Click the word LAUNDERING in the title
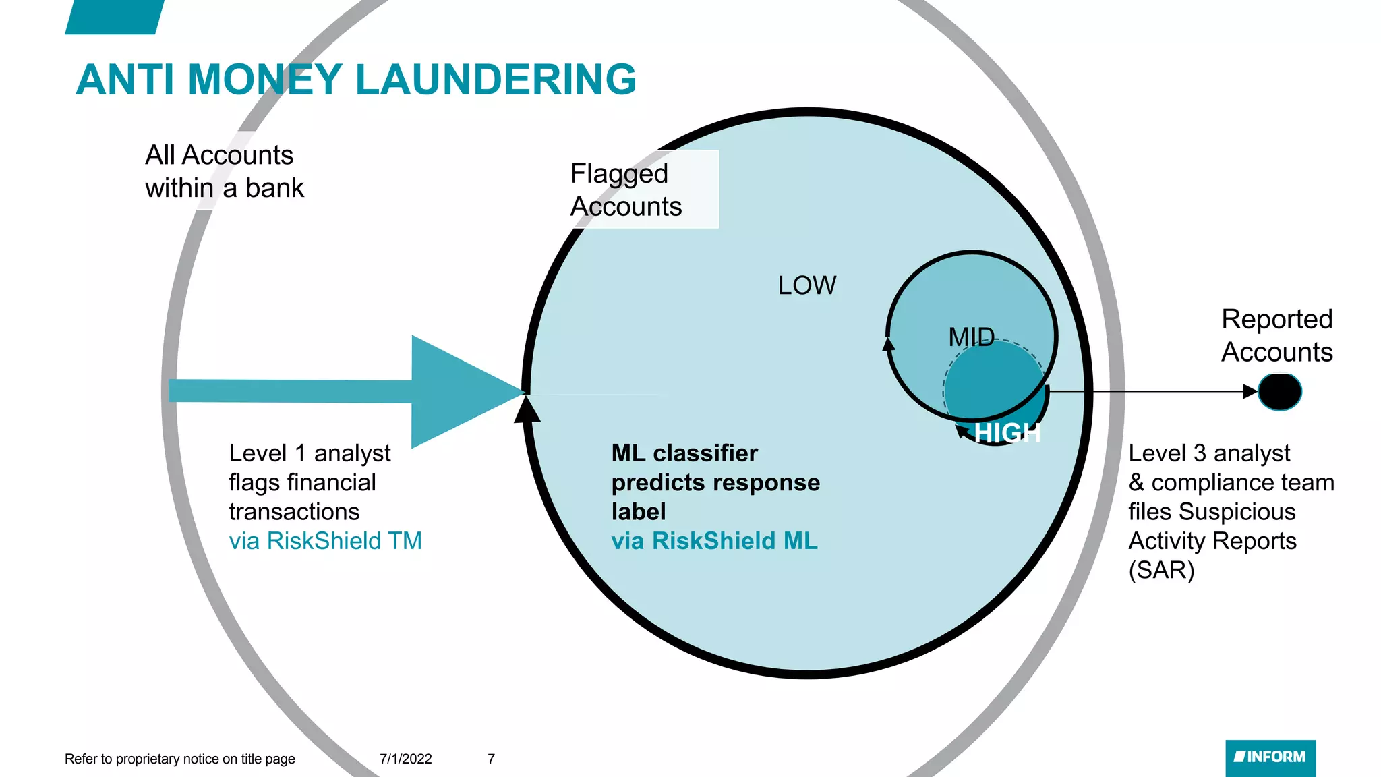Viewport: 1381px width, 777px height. tap(496, 80)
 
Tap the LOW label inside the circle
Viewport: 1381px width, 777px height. tap(806, 285)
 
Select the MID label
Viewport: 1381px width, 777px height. tap(971, 337)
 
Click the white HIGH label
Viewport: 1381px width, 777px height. tap(1007, 433)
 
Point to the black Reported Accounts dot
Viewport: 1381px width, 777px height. tap(1279, 392)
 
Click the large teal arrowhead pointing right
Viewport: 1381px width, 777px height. tap(459, 392)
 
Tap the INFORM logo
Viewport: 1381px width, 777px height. tap(1270, 757)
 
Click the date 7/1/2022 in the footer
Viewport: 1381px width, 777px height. tap(405, 759)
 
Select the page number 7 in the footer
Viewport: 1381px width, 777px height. tap(491, 759)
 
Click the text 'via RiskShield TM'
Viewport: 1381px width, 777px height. tap(325, 541)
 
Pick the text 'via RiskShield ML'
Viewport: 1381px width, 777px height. tap(714, 541)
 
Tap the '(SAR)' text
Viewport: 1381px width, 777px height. tap(1161, 571)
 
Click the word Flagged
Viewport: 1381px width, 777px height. tap(619, 174)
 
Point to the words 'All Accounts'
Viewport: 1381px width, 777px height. tap(219, 155)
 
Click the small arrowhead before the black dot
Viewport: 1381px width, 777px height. tap(1250, 391)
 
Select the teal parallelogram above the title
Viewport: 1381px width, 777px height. tap(115, 16)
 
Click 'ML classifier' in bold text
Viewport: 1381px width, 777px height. tap(684, 453)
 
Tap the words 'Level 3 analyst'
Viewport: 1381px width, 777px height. tap(1209, 453)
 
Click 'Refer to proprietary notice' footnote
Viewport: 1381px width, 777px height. tap(179, 759)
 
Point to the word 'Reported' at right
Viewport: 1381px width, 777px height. tap(1276, 319)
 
